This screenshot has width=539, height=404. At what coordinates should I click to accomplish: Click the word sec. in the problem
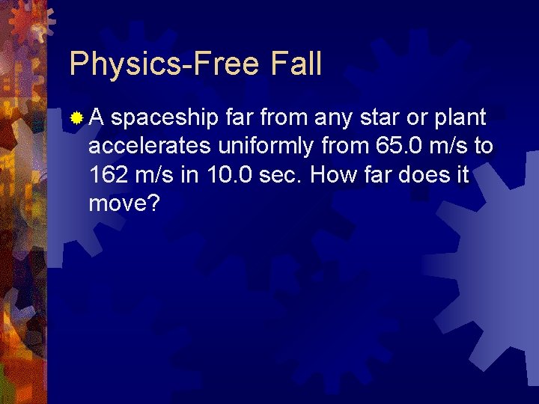280,175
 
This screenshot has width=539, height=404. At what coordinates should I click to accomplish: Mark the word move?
124,204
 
